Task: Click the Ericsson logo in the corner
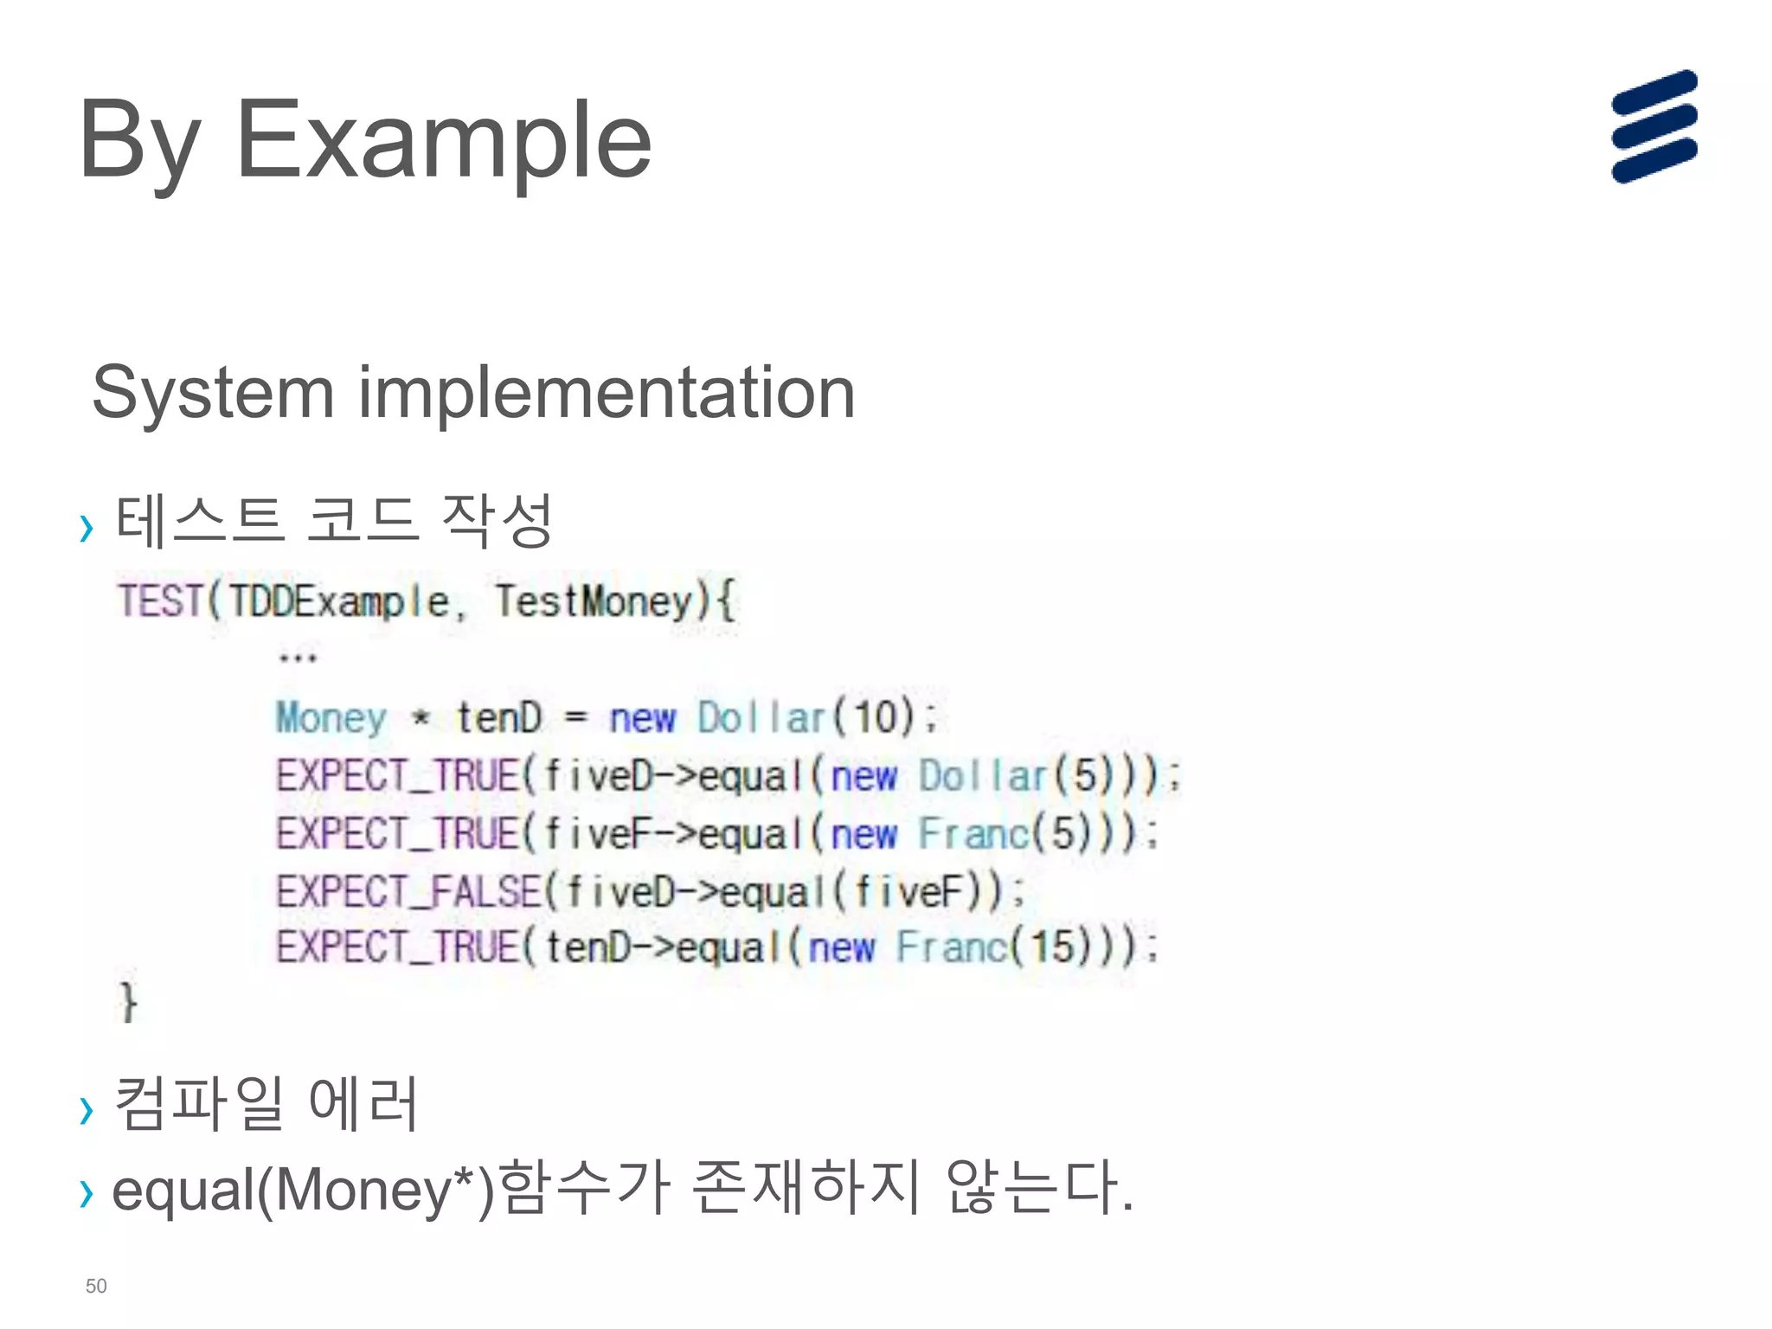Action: tap(1653, 127)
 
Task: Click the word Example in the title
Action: tap(443, 141)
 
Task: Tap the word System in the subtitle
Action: tap(213, 393)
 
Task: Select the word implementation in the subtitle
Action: tap(607, 393)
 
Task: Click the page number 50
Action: tap(96, 1286)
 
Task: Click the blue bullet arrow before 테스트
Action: tap(86, 527)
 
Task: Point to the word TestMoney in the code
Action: tap(594, 601)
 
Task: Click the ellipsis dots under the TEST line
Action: tap(298, 658)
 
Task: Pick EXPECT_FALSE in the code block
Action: tap(408, 892)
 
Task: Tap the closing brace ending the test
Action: tap(128, 1002)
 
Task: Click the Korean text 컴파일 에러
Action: tap(266, 1103)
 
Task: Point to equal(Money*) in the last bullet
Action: tap(303, 1191)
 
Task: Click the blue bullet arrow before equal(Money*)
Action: tap(86, 1193)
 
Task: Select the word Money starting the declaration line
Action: tap(331, 718)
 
